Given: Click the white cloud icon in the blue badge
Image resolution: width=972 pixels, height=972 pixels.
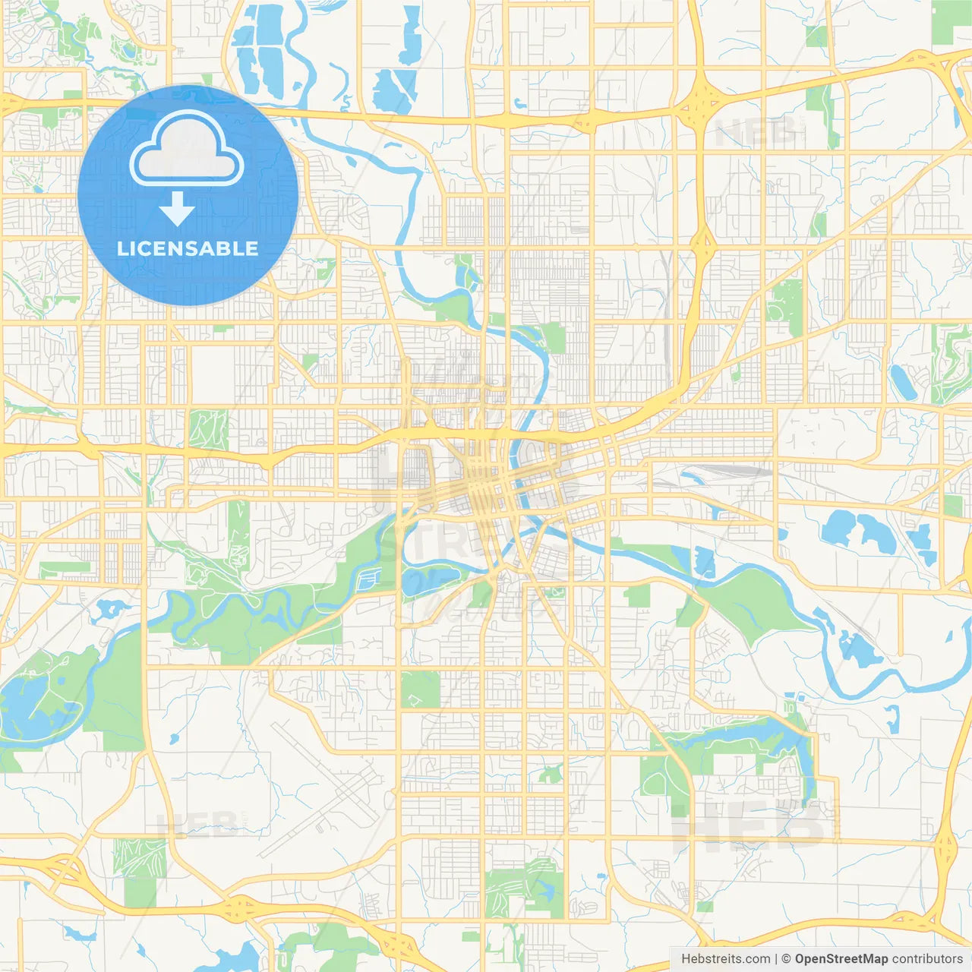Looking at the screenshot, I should (187, 150).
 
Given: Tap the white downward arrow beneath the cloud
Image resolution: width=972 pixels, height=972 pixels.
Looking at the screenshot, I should (178, 208).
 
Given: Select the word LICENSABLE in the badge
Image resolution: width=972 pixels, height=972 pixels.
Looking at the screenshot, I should (188, 248).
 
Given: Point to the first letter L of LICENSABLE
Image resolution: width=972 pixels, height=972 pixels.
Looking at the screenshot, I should (121, 248).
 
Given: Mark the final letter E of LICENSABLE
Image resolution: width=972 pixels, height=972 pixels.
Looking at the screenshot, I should (252, 248).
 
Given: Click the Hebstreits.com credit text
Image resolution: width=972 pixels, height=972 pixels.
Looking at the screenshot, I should (725, 959).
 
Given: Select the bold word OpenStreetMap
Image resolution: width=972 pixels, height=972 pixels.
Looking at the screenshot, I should (841, 959).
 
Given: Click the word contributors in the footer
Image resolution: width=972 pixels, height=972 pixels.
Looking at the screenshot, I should (927, 959).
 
